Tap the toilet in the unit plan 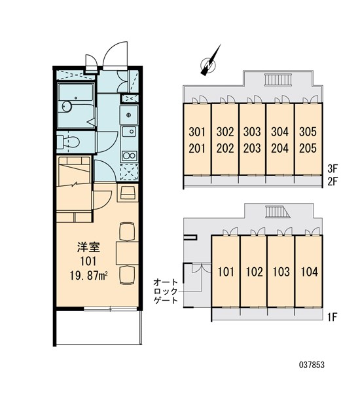click(x=68, y=142)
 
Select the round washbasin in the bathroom click(x=67, y=107)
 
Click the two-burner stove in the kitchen click(x=129, y=155)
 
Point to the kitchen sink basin click(x=129, y=132)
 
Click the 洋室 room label click(x=88, y=247)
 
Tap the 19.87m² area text click(x=88, y=276)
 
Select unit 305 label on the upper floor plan click(x=308, y=132)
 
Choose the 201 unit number click(x=197, y=148)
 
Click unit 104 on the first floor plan click(x=310, y=272)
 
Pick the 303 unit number click(x=252, y=132)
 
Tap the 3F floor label click(x=333, y=169)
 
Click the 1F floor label click(x=332, y=318)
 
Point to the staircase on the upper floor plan click(x=278, y=79)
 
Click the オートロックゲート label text click(x=166, y=291)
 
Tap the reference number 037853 click(x=312, y=365)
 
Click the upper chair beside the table click(x=127, y=231)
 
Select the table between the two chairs click(x=127, y=253)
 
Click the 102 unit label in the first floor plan click(x=254, y=272)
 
